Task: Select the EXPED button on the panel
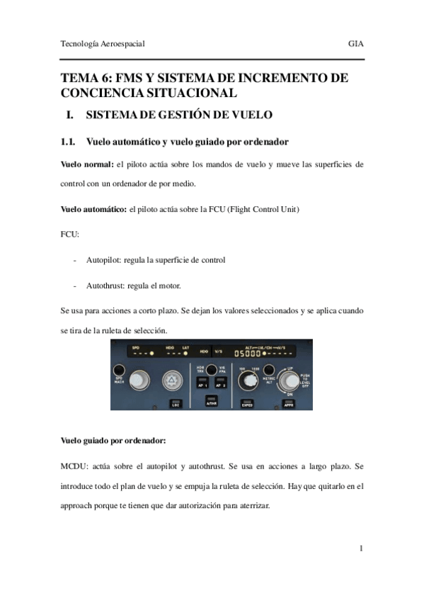click(247, 404)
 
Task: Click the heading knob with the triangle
click(171, 381)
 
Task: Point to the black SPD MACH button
click(119, 370)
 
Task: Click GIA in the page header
click(355, 44)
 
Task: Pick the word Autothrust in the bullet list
click(105, 286)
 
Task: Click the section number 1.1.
click(69, 142)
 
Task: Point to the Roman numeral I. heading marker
click(69, 115)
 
